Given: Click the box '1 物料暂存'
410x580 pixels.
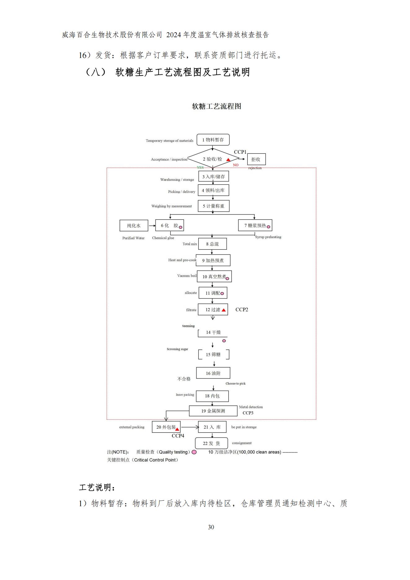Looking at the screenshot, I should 213,140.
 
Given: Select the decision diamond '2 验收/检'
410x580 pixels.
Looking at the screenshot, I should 212,159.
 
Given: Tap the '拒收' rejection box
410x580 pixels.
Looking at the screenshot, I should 256,159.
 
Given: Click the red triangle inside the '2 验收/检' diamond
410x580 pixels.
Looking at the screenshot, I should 228,160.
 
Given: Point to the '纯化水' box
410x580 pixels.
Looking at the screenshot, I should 134,226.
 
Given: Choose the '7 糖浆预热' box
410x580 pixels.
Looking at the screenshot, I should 255,225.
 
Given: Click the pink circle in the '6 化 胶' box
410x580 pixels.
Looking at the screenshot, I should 180,227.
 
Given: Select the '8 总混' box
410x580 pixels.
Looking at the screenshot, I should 212,244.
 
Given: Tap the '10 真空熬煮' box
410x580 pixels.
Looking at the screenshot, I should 214,277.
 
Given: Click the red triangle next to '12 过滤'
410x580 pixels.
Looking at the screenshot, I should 223,310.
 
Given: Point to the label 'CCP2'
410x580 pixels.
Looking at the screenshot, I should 242,310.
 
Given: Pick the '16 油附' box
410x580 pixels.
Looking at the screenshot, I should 213,373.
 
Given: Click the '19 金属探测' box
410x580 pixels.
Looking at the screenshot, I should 213,411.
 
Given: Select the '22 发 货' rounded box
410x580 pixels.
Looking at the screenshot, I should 211,443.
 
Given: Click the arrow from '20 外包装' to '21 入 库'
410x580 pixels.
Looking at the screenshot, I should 189,427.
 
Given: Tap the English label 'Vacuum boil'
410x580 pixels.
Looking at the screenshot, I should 187,276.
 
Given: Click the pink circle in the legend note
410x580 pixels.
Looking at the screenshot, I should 194,452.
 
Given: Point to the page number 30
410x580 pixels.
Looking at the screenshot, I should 211,527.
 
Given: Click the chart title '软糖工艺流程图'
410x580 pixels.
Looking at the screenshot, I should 216,106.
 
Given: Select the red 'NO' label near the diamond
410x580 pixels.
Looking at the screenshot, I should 236,165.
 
